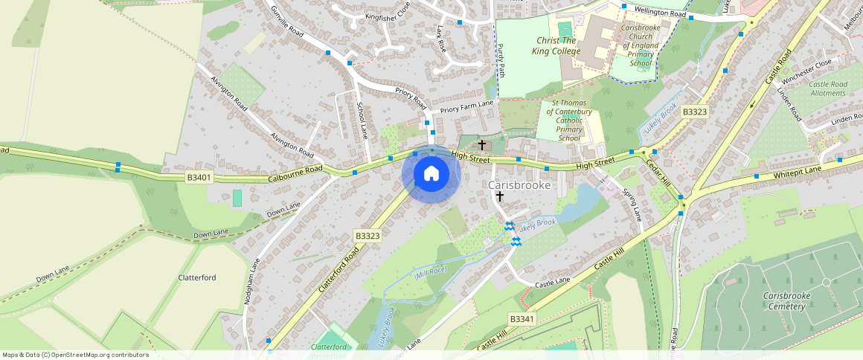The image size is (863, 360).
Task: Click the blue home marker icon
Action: coord(431,175)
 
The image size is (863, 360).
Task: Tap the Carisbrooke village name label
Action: coord(519,184)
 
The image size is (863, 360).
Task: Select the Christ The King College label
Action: coord(555,45)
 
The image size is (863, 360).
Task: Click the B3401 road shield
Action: coord(199,178)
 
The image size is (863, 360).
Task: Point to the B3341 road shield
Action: coord(522,318)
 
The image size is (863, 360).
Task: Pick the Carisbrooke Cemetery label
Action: coord(786,300)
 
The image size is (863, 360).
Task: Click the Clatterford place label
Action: coord(197,277)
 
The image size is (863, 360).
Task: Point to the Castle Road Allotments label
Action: coord(827,89)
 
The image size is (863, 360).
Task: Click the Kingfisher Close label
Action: coord(387,15)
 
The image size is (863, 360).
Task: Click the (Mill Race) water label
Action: coord(430,274)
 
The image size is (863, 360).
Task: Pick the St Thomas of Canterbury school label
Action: coord(569,120)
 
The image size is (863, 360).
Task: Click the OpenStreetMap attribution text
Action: coord(75,355)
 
